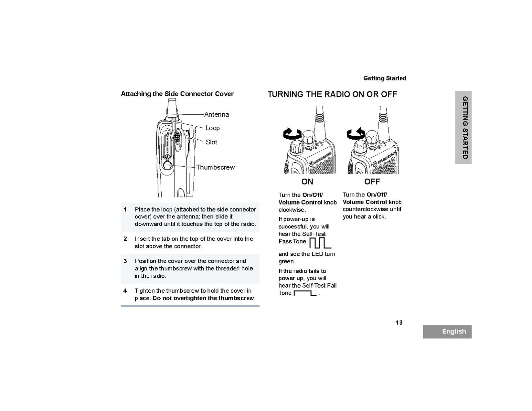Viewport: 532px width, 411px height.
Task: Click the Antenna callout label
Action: pos(216,114)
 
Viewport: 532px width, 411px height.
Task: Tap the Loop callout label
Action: pos(212,128)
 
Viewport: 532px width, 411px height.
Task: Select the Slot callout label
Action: pos(211,142)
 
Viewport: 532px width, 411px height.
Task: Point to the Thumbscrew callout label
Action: pos(215,167)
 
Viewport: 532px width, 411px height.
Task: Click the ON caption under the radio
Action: pos(307,182)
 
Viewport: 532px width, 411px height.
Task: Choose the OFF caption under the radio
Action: pos(372,182)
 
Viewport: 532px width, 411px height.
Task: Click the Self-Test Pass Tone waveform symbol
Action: pos(320,243)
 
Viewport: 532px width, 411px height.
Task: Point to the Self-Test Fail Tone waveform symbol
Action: pos(305,293)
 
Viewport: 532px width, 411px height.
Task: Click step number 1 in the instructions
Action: pos(125,209)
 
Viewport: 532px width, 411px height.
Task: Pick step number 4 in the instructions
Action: pos(125,291)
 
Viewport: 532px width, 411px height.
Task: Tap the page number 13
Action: pos(399,323)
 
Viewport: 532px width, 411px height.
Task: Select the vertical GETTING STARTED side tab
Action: pos(464,127)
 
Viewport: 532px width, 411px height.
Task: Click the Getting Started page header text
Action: pos(385,78)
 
